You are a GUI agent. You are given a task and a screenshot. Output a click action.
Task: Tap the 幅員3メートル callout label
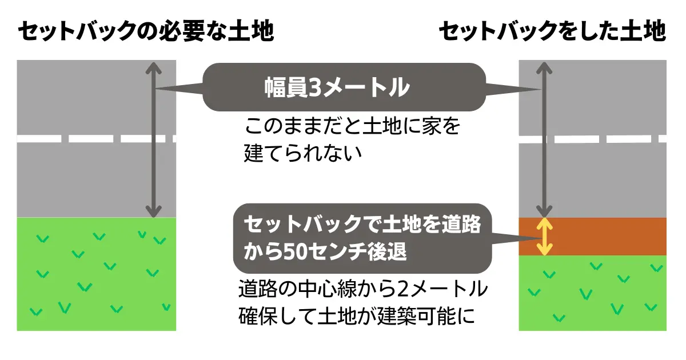tap(337, 87)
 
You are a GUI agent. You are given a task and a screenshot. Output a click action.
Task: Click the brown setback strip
tap(606, 237)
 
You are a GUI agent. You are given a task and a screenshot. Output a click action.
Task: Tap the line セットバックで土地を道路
tap(362, 225)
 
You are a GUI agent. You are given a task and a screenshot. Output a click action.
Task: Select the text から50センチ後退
tap(325, 252)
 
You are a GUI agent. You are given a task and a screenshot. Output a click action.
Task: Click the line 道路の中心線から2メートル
tap(362, 290)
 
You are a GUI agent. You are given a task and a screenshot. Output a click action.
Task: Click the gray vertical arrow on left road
tap(153, 140)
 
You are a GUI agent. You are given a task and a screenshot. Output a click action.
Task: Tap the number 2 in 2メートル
tap(404, 290)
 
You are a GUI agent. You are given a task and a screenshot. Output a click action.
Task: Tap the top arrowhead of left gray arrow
tap(153, 68)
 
